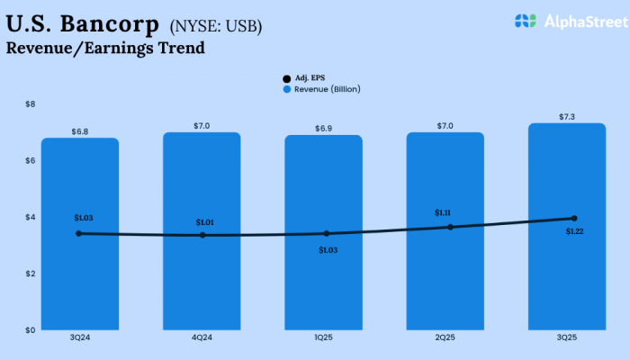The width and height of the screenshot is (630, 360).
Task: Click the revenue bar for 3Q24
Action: click(x=79, y=270)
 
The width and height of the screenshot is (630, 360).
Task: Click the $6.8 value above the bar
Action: click(x=79, y=131)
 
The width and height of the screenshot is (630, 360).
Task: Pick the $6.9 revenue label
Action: click(x=323, y=129)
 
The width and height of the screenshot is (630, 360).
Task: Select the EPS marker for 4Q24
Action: click(x=202, y=235)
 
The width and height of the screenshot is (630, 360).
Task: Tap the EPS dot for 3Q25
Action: click(x=573, y=218)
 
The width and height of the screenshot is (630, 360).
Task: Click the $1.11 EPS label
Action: click(x=443, y=212)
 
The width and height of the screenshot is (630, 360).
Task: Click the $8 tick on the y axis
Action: click(x=31, y=104)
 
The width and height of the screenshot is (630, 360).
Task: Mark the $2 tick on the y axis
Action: click(x=31, y=273)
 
